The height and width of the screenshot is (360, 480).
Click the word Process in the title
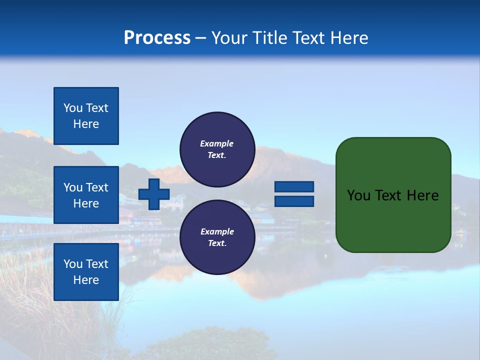click(x=157, y=38)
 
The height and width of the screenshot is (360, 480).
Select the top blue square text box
click(x=86, y=116)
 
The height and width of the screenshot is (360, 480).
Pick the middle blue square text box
click(x=86, y=195)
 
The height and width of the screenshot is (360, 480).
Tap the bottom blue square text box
click(x=86, y=272)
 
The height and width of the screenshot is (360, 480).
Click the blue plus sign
click(x=154, y=194)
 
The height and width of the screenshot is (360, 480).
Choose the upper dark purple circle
click(x=217, y=149)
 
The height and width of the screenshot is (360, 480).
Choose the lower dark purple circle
click(x=217, y=237)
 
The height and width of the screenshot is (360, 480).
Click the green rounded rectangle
click(x=393, y=194)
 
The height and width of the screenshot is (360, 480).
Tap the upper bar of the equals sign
click(x=294, y=186)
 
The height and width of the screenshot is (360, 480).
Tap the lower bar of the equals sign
click(x=294, y=201)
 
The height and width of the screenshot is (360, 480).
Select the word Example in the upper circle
click(x=217, y=143)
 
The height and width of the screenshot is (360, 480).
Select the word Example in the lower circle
click(x=217, y=231)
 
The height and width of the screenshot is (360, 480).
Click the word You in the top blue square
click(x=73, y=108)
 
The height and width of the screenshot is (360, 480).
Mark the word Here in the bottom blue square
click(x=86, y=280)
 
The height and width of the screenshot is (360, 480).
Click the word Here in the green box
click(x=423, y=195)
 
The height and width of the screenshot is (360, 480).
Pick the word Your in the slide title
click(x=228, y=38)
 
